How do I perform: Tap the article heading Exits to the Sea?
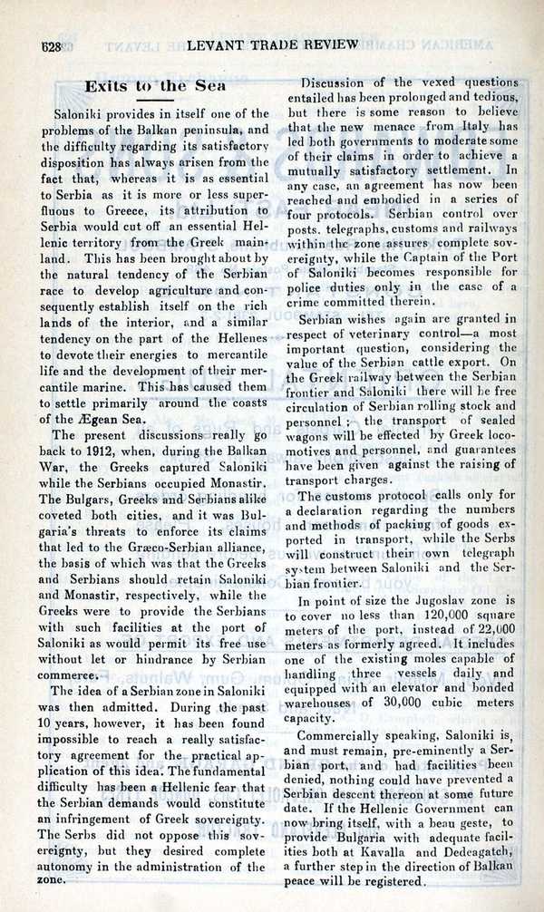pos(149,85)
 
